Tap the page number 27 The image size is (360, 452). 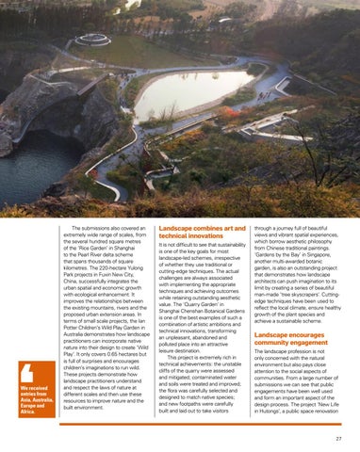point(337,438)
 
